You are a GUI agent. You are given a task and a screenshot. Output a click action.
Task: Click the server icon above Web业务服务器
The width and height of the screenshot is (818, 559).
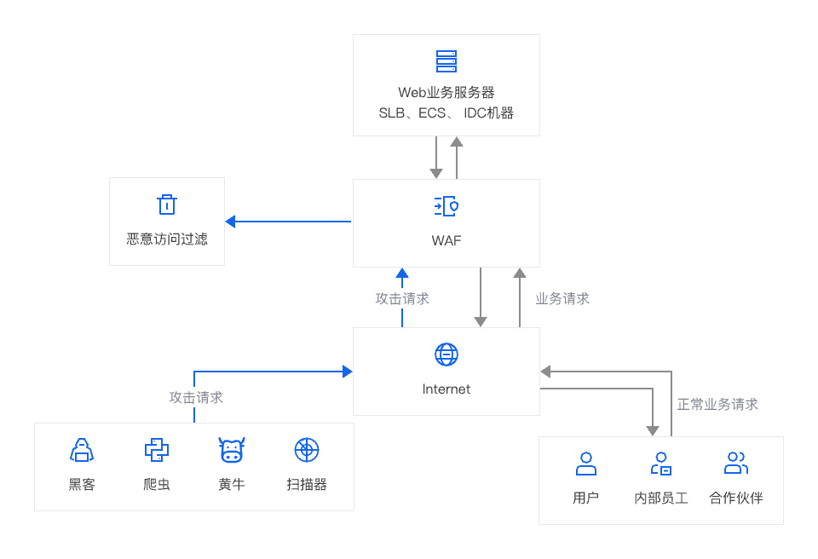point(446,61)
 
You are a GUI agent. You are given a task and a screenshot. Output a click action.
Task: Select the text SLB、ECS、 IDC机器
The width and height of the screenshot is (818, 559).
point(446,112)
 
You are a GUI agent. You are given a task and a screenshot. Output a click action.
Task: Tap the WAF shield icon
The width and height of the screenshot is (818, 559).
point(446,206)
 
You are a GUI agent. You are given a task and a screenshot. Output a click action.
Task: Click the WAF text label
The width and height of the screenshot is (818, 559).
point(446,240)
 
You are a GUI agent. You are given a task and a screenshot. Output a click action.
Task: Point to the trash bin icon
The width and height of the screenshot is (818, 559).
point(167,205)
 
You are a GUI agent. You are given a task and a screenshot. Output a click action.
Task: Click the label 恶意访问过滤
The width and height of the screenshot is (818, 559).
point(167,239)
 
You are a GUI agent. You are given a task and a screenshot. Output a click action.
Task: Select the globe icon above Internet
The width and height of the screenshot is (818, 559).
point(446,354)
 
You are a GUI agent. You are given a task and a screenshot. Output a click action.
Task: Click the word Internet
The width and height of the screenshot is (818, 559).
point(446,389)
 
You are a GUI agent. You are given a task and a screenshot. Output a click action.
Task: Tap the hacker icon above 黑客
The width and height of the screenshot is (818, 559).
point(82,450)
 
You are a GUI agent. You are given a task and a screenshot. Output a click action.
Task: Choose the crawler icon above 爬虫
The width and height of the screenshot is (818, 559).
point(157,450)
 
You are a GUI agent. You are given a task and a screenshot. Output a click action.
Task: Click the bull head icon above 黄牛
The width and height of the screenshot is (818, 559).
point(232,449)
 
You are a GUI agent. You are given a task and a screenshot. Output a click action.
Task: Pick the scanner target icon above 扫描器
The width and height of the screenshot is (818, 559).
point(306,450)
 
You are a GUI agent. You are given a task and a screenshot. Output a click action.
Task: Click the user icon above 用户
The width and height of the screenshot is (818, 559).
point(585,464)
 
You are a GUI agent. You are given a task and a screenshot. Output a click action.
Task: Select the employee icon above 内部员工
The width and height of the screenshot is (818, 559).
point(661,464)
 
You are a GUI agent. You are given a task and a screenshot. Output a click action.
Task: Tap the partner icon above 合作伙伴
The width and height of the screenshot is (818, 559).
point(735,464)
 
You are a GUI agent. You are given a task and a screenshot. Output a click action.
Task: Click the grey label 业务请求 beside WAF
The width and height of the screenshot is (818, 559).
point(562,298)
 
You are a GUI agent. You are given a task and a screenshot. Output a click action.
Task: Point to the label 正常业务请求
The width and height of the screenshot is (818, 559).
point(717,404)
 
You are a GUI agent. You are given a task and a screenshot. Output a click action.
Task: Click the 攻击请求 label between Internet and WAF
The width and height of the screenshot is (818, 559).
point(402,298)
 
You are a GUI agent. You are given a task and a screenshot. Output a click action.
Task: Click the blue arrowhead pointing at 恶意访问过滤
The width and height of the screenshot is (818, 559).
point(230,222)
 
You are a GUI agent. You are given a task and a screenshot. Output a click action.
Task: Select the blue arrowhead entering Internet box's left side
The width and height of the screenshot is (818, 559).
point(347,372)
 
